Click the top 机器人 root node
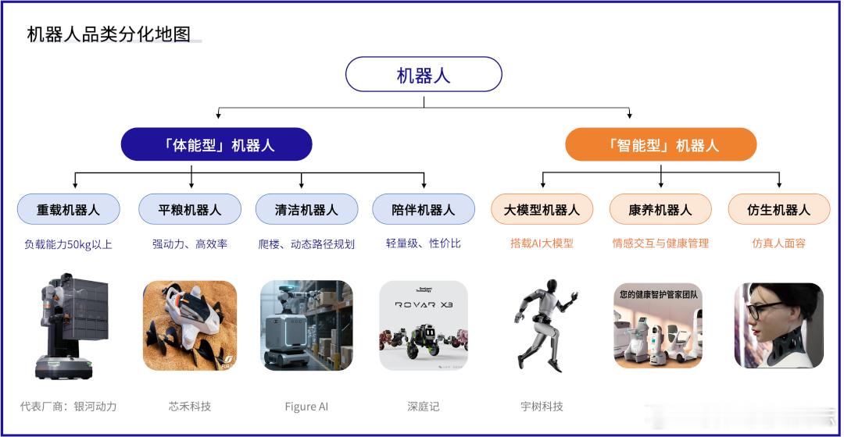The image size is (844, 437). point(423,75)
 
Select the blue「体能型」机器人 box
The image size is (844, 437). point(216,144)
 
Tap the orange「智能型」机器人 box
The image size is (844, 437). point(661,144)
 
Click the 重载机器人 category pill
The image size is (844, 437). point(69,209)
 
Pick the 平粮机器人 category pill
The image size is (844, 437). point(189,209)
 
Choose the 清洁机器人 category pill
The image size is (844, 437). point(306,209)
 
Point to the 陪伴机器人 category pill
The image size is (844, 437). point(423,209)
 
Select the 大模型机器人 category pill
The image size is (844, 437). point(542,209)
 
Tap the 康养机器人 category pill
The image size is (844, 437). point(660,209)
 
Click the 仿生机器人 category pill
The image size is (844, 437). point(778,209)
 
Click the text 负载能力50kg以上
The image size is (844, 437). point(69,243)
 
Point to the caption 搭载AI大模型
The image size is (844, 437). point(542,243)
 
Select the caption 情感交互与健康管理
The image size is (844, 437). point(660,243)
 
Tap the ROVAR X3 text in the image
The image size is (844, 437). point(424,305)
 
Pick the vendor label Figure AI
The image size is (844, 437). point(306,406)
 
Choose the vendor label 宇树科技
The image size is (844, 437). point(542,406)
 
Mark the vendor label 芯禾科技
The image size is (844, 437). point(189,406)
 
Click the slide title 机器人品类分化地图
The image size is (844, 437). point(109,34)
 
